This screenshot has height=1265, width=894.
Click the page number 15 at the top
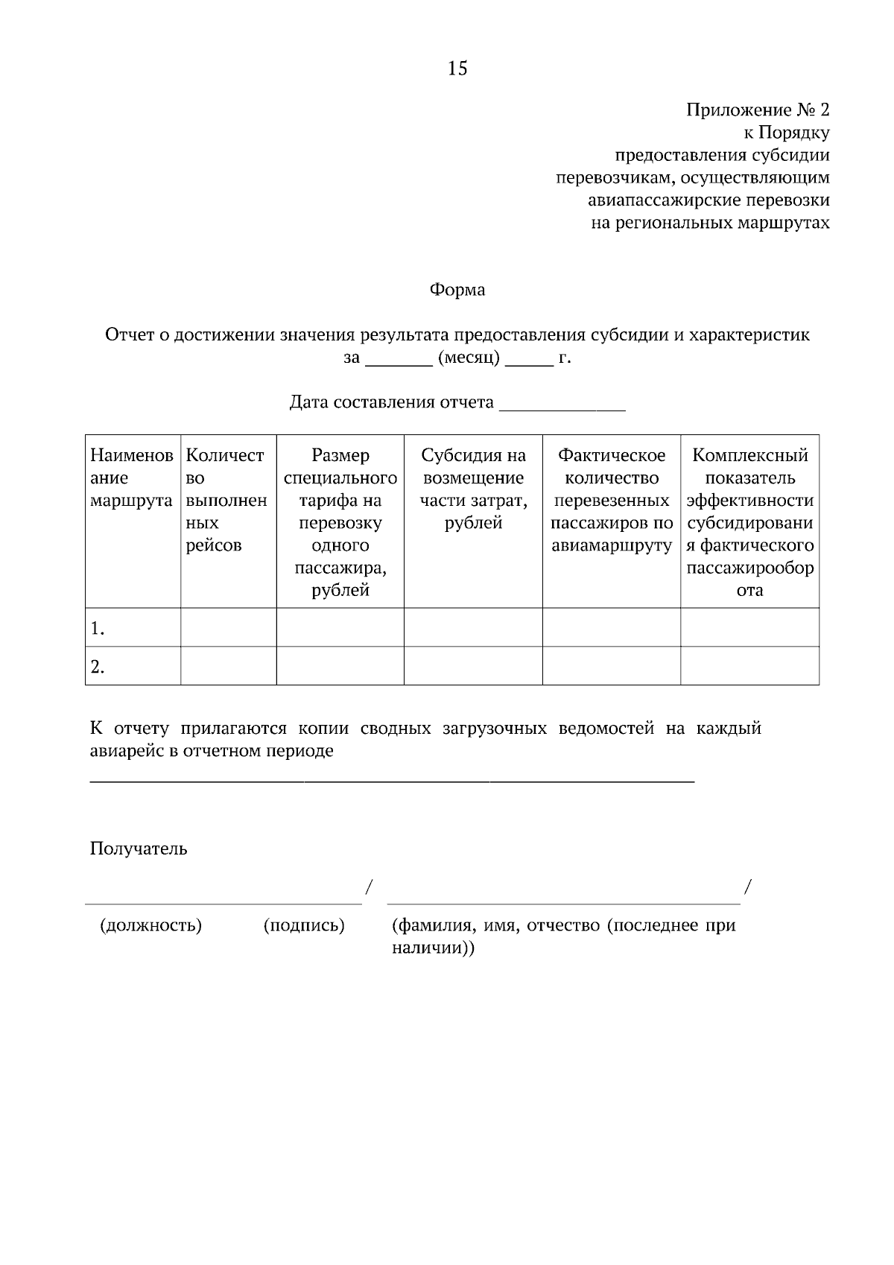457,69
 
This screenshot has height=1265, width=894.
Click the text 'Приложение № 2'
757,110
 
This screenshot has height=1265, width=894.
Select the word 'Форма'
457,290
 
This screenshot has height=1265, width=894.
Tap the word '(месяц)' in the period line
469,358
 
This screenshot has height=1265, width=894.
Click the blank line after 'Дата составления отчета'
562,403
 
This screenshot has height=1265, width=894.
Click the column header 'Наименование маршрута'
132,478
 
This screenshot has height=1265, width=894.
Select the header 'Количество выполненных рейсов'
226,500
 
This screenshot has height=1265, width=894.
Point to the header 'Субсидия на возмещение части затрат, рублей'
473,489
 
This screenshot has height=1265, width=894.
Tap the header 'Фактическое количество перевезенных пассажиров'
611,500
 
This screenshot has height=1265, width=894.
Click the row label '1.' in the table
98,629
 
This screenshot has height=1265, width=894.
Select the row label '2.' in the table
98,667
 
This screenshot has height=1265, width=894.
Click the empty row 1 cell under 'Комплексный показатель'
749,627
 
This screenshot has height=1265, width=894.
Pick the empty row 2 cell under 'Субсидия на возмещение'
473,666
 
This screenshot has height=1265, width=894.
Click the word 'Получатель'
139,849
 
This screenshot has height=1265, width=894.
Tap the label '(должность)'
150,926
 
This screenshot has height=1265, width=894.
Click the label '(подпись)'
304,926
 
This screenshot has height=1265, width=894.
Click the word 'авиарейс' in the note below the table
124,751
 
